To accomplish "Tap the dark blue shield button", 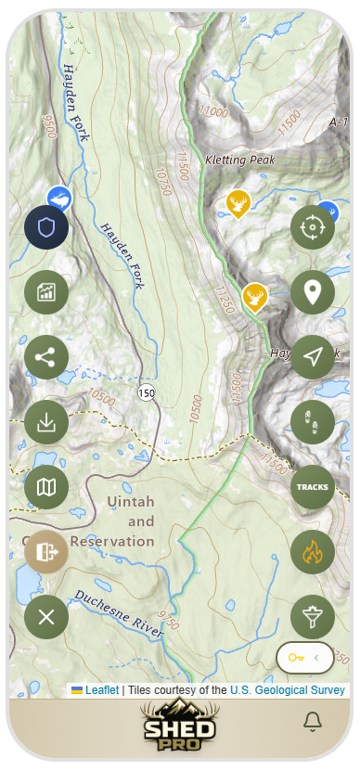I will pos(46,227).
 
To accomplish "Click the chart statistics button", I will pos(46,292).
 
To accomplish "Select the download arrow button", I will pos(46,422).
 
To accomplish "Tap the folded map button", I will pos(46,486).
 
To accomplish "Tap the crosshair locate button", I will pos(313,227).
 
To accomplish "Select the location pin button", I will pos(313,292).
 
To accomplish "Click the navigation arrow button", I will pos(313,357).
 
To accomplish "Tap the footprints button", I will pos(313,422).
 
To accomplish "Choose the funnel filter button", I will pos(313,616).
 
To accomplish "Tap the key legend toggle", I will pos(305,658).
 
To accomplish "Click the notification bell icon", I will pos(313,721).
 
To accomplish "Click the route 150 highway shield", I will pos(147,393).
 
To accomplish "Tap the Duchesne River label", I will pos(120,613).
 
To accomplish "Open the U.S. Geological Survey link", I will pos(288,690).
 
